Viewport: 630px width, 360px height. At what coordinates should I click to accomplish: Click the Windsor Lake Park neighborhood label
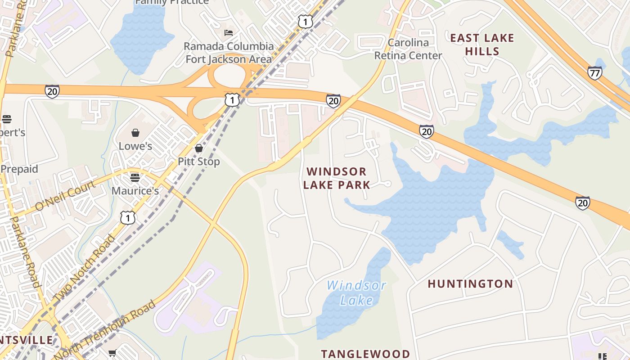336,178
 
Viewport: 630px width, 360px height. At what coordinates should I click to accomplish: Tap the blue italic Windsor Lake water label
356,292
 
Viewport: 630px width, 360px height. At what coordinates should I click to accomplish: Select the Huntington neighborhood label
470,284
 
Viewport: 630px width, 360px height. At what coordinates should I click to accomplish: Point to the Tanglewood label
365,354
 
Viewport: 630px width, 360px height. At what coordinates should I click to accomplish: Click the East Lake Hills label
482,45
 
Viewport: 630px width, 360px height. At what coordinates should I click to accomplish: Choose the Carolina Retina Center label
408,49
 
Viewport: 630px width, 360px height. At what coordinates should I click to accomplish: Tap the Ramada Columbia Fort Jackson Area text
229,53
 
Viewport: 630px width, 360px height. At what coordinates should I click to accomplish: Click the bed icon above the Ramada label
229,33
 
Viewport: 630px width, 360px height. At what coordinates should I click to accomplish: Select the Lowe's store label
135,146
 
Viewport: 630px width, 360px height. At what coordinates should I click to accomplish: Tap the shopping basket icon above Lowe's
135,133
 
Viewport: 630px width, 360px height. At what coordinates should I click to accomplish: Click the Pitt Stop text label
199,162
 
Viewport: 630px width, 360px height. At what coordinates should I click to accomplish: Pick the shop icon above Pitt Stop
199,148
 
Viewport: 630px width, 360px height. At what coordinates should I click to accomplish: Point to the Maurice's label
135,191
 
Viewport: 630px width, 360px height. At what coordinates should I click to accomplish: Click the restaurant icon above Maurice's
135,177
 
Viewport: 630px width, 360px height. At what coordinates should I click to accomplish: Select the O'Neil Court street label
65,195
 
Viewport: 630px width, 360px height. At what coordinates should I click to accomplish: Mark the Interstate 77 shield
594,73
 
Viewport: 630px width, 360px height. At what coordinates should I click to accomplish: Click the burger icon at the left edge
6,119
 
